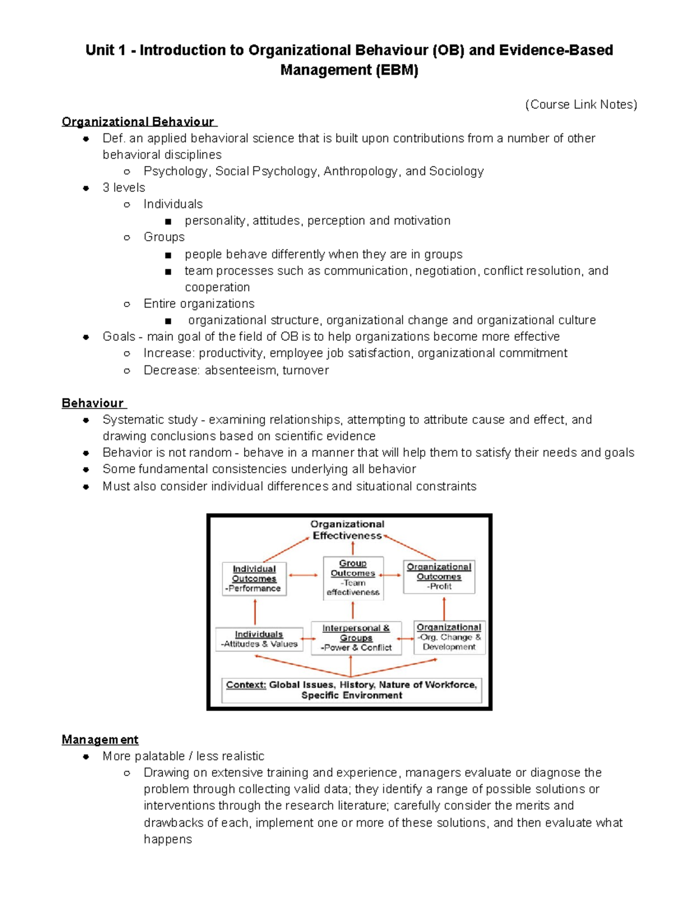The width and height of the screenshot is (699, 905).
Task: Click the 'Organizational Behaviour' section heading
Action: (x=139, y=122)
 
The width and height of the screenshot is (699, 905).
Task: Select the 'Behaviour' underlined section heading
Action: (x=93, y=403)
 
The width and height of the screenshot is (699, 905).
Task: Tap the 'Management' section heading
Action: (x=100, y=740)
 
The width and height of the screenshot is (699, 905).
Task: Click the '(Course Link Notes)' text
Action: (x=581, y=104)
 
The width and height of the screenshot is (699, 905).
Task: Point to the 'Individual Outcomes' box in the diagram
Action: (x=254, y=579)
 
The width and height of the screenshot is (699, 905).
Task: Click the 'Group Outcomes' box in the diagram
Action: (x=353, y=577)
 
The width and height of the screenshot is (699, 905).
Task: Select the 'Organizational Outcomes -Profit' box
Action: (x=439, y=576)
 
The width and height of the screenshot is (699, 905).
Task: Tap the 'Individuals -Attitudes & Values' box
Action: (x=259, y=639)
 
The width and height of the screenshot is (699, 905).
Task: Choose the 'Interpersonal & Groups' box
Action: (x=356, y=638)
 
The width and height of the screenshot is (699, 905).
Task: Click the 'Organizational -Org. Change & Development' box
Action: (x=449, y=637)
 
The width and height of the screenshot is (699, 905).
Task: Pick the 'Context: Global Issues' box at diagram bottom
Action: (x=351, y=690)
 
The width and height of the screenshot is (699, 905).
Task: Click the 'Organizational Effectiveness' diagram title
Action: (x=347, y=530)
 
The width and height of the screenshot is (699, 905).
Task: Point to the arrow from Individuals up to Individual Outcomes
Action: (x=255, y=611)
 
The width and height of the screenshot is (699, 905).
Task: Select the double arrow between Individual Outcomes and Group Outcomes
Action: (x=304, y=576)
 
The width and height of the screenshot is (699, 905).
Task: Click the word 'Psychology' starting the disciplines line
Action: (x=175, y=171)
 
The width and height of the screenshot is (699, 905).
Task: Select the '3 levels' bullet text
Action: (x=123, y=188)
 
